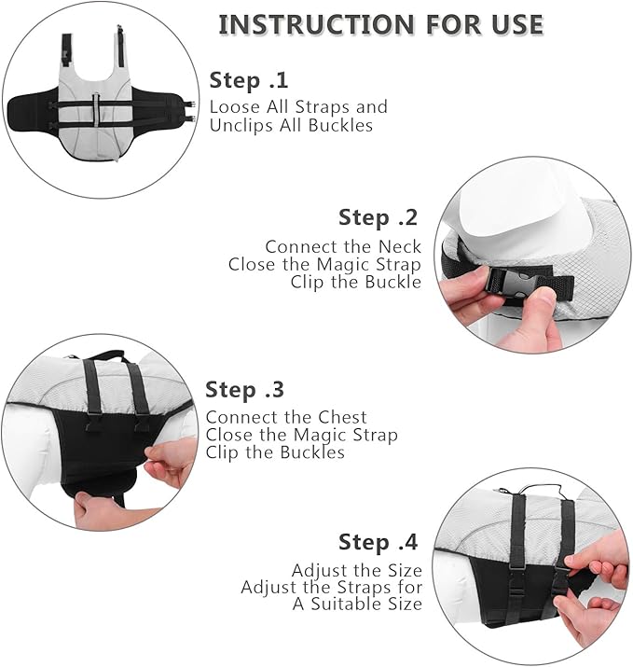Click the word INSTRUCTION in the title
click(x=316, y=24)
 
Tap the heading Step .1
click(x=249, y=80)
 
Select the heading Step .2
click(x=378, y=217)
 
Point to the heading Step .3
click(x=244, y=389)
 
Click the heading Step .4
click(x=378, y=541)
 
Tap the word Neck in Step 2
click(x=400, y=246)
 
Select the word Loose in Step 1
click(x=235, y=106)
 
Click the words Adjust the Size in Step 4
click(x=357, y=570)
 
